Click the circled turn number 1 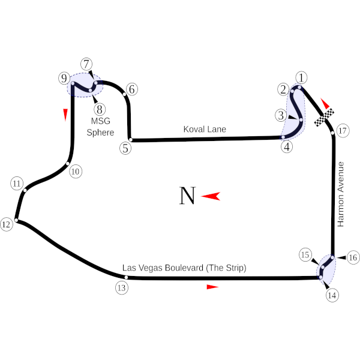301,77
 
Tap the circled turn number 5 125,148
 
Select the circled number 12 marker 6,225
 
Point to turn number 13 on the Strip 122,287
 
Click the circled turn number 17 343,131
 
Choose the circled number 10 75,172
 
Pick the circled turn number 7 87,64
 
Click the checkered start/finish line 325,118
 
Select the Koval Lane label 205,129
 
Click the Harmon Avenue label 342,193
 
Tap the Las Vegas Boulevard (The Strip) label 184,268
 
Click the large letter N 188,196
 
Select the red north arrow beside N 211,196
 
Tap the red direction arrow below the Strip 212,287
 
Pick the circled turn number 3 281,115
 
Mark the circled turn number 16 353,257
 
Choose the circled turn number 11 17,184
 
